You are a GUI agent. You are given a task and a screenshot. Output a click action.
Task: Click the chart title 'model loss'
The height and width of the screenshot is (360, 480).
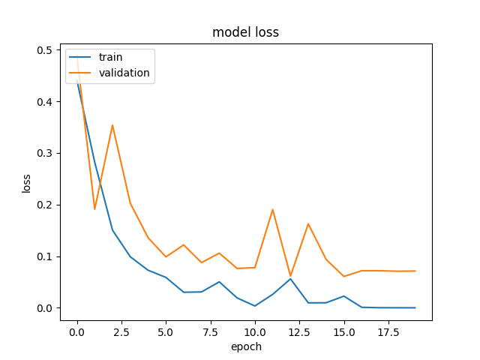(x=246, y=32)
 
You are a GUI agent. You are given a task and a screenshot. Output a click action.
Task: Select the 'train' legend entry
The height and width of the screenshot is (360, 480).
(x=110, y=57)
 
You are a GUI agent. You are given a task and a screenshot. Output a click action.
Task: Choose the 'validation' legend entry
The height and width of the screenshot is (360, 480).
(x=124, y=73)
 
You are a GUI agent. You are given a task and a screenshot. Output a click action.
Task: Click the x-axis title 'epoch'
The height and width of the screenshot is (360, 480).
(x=246, y=347)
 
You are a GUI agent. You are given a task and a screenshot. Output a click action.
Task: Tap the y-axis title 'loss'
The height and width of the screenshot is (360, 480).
(x=26, y=182)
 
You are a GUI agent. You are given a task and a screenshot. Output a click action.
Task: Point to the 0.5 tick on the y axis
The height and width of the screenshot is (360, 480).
(x=45, y=50)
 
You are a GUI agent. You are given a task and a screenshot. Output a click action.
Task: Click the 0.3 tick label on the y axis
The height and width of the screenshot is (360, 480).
(x=45, y=153)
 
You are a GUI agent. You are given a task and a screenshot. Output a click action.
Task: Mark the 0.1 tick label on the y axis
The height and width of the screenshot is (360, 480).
(x=45, y=256)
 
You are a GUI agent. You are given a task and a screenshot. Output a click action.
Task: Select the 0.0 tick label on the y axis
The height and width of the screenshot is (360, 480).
(x=45, y=308)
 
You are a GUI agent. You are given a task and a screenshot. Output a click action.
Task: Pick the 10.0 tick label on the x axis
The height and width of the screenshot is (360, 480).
(x=255, y=330)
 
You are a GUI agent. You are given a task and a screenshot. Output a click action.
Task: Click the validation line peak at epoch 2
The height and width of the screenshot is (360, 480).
(x=112, y=125)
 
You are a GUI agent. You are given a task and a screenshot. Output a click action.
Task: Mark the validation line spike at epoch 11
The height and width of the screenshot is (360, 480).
(x=273, y=209)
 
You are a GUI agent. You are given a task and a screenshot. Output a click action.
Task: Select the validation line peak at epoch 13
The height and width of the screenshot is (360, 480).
(x=308, y=223)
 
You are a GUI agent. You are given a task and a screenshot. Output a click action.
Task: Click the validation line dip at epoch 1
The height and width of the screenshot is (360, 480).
(x=94, y=209)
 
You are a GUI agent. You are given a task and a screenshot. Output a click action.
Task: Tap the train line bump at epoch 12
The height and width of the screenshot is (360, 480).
(x=290, y=279)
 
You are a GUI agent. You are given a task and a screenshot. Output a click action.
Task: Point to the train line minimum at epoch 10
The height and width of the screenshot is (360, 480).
(x=255, y=306)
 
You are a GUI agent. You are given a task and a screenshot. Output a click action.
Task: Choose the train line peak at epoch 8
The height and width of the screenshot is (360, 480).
(x=219, y=282)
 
